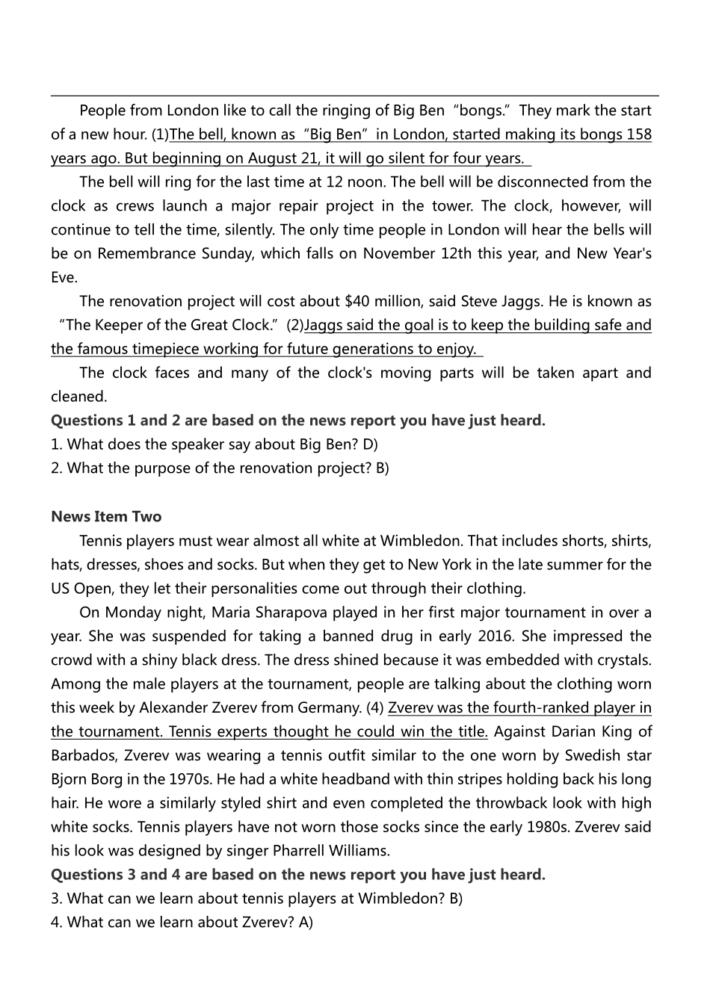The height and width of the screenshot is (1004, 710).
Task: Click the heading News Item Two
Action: (106, 516)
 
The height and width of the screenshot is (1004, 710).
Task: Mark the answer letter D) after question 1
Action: (371, 444)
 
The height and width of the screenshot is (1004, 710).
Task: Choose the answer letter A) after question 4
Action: (306, 922)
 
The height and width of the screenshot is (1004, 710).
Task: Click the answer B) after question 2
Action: (382, 468)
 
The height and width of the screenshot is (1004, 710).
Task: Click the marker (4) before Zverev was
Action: (375, 708)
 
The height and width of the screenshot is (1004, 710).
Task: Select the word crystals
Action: (623, 660)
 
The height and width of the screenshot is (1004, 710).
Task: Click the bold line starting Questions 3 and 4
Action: (298, 874)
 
